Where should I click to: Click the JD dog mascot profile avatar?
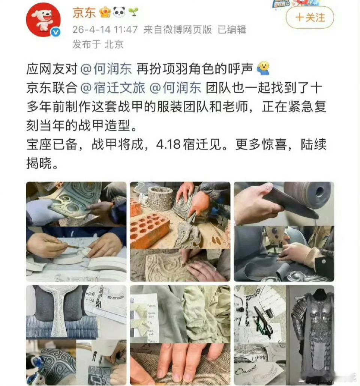pyautogui.click(x=43, y=20)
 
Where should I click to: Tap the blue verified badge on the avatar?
pyautogui.click(x=56, y=32)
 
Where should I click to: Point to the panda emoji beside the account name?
pyautogui.click(x=119, y=13)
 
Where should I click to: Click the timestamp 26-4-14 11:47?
pyautogui.click(x=105, y=30)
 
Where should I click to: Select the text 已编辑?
pyautogui.click(x=232, y=30)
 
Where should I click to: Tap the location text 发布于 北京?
pyautogui.click(x=98, y=45)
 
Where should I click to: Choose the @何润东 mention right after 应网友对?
pyautogui.click(x=106, y=69)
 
